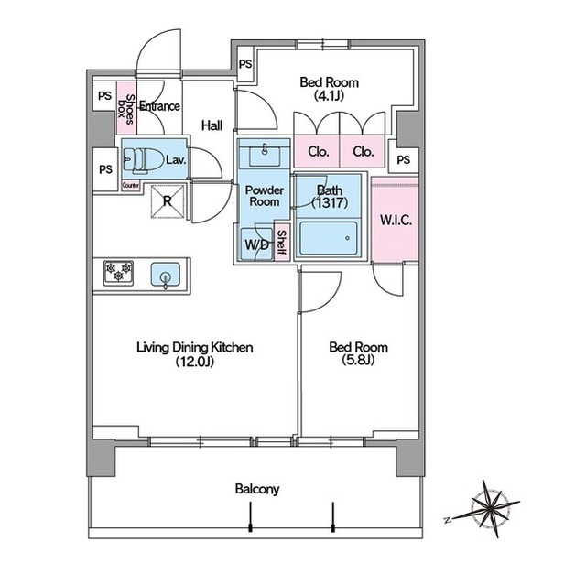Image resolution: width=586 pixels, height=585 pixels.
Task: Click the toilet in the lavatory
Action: (x=136, y=160)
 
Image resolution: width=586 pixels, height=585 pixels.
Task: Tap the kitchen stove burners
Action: (x=118, y=273)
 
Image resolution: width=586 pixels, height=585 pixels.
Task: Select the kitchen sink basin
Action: (x=166, y=275)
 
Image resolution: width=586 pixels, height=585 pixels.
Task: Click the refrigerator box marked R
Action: (x=168, y=201)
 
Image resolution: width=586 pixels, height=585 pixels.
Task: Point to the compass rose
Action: (x=486, y=509)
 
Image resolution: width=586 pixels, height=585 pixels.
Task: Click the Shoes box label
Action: (x=126, y=108)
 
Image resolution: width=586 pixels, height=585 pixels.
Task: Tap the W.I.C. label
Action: (x=396, y=220)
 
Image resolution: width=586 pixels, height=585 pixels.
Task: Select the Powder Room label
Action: (x=265, y=196)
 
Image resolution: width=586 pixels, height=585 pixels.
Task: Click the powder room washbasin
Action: (x=265, y=157)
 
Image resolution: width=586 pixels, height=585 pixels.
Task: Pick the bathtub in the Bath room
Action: (x=329, y=238)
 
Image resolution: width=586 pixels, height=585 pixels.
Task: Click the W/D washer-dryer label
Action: (x=256, y=245)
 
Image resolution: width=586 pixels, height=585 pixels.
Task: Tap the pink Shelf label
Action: (x=282, y=244)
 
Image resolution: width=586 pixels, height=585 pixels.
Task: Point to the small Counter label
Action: (x=131, y=185)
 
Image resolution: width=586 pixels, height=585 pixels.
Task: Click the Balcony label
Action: (x=257, y=489)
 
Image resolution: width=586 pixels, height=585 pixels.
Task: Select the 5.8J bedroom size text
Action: (x=358, y=360)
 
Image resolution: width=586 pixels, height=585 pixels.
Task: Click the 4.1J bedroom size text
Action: (x=329, y=95)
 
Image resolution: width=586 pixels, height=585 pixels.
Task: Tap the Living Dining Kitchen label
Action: (x=195, y=347)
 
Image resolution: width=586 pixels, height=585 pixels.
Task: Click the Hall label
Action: (x=212, y=125)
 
